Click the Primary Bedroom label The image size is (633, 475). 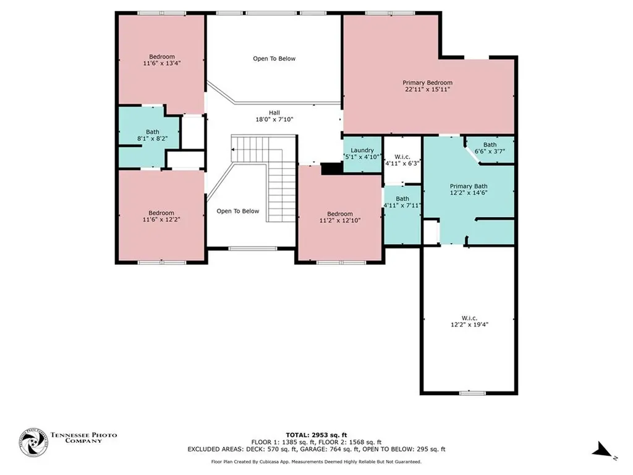coord(427,86)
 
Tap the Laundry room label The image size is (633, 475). coord(362,153)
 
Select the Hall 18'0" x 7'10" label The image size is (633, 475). coord(274,116)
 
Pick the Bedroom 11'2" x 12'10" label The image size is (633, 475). coord(339,217)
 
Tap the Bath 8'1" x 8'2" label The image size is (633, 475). coord(152,135)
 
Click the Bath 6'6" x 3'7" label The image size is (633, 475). coord(490,148)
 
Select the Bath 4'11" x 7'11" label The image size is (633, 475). coord(402,202)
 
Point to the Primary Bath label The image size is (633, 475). coord(469,190)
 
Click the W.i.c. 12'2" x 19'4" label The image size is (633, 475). coord(469,320)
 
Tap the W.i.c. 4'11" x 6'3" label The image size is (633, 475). coord(402,160)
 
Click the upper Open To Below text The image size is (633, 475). coord(274,59)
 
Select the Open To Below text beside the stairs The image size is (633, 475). coord(237,211)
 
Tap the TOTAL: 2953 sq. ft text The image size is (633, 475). coord(316,434)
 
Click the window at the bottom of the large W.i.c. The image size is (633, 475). coord(469,392)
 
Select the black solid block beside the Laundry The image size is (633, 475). coord(331,168)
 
